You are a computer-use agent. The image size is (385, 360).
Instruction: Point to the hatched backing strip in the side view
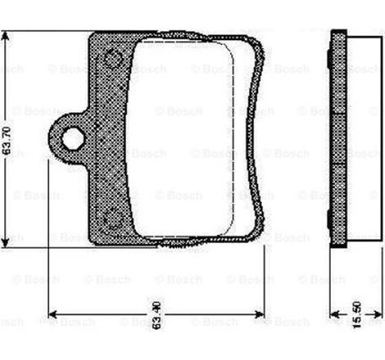[337, 139]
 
